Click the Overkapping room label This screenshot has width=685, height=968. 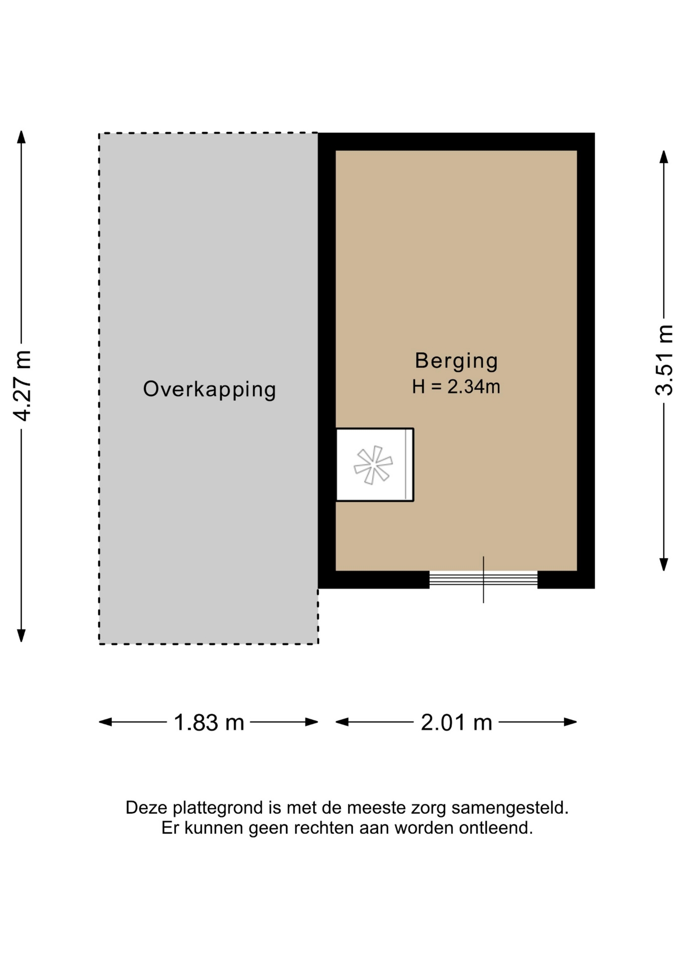[x=209, y=390]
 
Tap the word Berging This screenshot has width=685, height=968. [x=456, y=361]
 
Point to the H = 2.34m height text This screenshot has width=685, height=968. [x=456, y=387]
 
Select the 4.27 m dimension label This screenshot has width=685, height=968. [x=23, y=386]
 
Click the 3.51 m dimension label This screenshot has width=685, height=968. [x=664, y=360]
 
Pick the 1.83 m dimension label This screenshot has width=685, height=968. [x=209, y=722]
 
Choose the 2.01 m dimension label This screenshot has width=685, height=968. [x=456, y=722]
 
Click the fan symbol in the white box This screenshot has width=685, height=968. [x=373, y=465]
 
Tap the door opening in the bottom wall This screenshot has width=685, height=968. [x=483, y=579]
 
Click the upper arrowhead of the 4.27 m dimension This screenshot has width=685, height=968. [x=21, y=137]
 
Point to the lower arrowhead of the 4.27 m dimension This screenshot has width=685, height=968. [x=21, y=636]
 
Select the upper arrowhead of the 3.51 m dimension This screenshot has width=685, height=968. [x=664, y=157]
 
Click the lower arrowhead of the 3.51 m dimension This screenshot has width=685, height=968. [x=664, y=565]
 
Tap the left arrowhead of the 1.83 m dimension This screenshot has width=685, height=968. [x=105, y=722]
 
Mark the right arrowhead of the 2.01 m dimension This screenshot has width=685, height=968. [x=570, y=722]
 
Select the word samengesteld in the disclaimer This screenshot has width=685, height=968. [x=510, y=808]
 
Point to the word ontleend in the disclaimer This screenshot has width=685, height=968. [x=496, y=828]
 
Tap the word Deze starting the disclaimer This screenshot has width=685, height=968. [x=147, y=808]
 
